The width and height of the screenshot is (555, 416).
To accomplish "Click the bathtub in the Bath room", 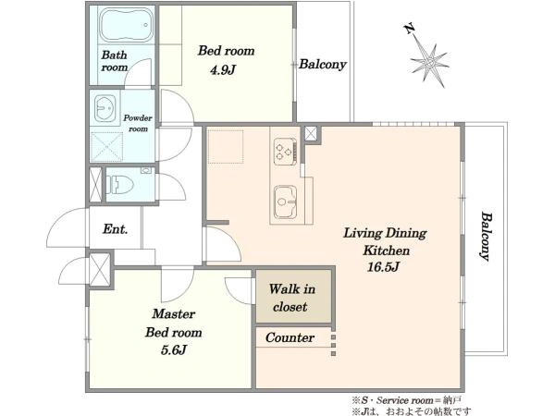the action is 126,25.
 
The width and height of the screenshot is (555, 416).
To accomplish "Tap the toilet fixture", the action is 120,185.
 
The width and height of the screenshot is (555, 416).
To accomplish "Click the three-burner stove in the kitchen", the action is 285,152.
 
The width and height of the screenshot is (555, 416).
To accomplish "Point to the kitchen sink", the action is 285,202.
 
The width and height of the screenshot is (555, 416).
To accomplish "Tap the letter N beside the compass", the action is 410,29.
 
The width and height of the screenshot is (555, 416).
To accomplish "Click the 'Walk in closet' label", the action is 291,298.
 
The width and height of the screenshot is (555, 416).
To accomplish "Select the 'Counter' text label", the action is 290,337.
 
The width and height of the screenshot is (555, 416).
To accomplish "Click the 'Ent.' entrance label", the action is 115,229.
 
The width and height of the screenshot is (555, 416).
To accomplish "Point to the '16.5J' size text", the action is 383,267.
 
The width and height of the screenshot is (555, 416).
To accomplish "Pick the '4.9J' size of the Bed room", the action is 223,70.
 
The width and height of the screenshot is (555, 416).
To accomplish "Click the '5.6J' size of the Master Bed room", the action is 174,350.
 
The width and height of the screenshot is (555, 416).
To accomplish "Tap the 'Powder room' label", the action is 138,123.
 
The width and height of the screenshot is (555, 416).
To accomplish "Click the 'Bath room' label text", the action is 114,61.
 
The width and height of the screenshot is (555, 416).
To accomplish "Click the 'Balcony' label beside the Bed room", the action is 322,65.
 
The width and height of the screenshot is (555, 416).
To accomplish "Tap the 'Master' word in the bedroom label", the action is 174,313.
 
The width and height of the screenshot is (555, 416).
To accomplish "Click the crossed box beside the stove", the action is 311,134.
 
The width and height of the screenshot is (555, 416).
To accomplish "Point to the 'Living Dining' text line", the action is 385,234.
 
